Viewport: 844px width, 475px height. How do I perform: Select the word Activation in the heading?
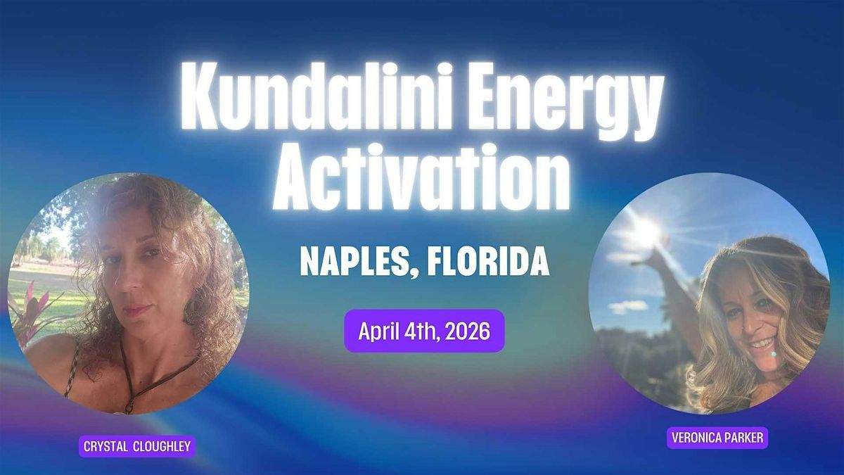[421, 177]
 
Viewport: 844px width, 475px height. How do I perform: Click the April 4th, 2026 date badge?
[424, 331]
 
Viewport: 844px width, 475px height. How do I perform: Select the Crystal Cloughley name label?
[137, 447]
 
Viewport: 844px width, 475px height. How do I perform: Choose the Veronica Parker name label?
[717, 438]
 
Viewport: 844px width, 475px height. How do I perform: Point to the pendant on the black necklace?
[129, 407]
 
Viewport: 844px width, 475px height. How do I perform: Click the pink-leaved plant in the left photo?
[32, 314]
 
